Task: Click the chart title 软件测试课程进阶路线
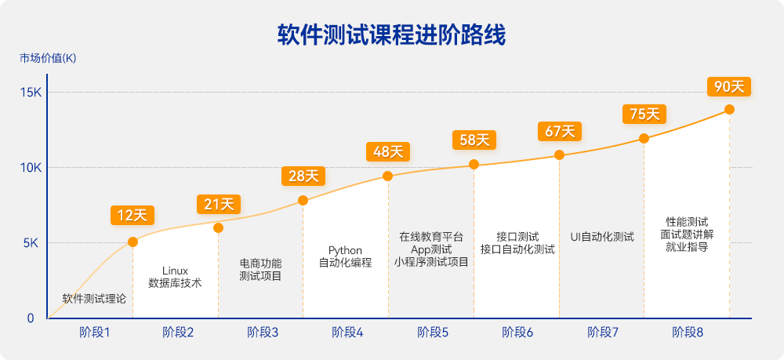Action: [391, 35]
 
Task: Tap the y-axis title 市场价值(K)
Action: [48, 59]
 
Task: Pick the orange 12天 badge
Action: [132, 215]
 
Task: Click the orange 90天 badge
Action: [729, 86]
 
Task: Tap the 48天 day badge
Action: [388, 151]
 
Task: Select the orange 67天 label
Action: [559, 131]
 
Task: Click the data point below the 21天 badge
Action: [218, 227]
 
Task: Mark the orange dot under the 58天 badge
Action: [474, 165]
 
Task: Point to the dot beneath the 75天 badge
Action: [644, 139]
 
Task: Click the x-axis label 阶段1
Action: [94, 333]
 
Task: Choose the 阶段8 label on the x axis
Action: [688, 333]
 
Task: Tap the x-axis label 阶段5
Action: [433, 333]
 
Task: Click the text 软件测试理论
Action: [94, 299]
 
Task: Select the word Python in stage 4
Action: [345, 250]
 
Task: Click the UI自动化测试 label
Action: [602, 236]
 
